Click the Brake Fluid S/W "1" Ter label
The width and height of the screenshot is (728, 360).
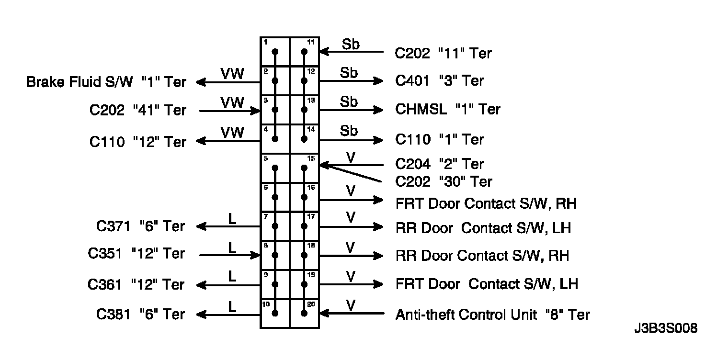[106, 82]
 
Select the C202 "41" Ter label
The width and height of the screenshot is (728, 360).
[137, 110]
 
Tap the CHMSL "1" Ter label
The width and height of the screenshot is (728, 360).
[447, 109]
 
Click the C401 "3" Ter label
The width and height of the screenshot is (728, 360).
[439, 80]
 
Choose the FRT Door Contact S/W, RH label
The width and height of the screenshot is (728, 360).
[486, 203]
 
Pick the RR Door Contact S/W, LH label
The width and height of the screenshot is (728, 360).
[483, 228]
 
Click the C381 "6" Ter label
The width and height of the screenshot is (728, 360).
[140, 314]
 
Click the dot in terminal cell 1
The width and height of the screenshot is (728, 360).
[275, 52]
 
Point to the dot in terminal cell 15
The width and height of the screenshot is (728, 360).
[304, 168]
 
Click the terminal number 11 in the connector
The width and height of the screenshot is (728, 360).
[310, 42]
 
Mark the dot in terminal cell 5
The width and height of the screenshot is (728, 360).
[275, 168]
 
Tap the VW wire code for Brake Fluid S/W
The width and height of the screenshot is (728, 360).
[232, 74]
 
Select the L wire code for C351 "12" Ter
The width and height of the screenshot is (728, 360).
[232, 247]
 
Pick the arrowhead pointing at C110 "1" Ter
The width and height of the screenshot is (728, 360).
[379, 140]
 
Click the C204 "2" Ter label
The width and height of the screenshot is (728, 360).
[439, 164]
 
